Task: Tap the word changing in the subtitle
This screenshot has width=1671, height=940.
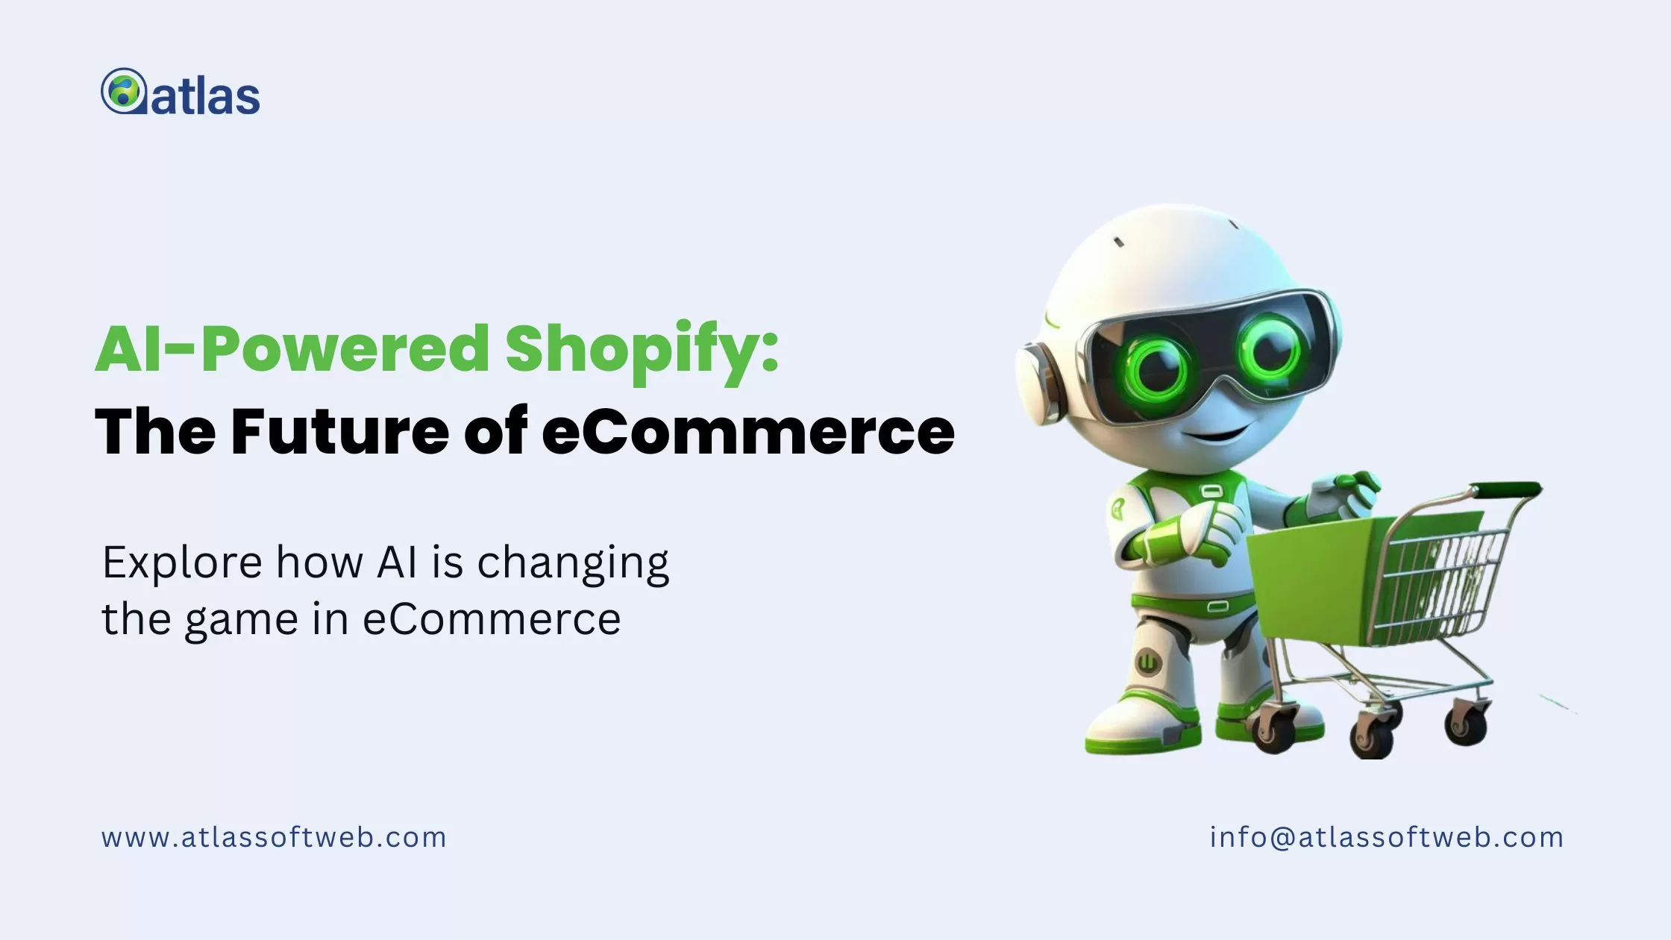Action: (x=573, y=564)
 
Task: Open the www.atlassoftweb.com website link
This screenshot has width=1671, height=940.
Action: (x=274, y=838)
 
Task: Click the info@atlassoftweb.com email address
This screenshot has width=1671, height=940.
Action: (x=1387, y=838)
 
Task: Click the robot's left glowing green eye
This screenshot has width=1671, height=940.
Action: (x=1158, y=366)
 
